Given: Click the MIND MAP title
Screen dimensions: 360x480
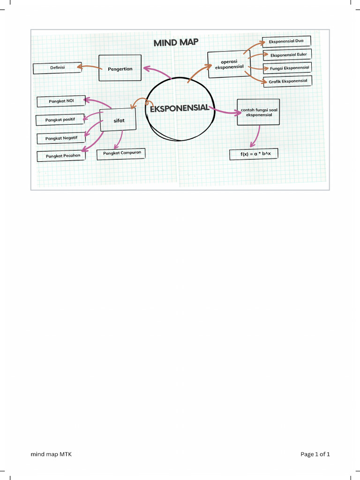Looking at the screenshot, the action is click(176, 43).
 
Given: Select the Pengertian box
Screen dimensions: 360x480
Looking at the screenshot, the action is click(120, 68).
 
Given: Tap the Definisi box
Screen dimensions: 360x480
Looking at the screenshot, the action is click(57, 68).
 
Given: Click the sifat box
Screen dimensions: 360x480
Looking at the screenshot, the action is click(119, 120).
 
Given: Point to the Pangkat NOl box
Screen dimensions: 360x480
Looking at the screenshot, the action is click(61, 101).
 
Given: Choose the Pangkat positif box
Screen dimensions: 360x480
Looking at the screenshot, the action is click(60, 120).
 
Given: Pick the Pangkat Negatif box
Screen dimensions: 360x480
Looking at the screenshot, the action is click(61, 138).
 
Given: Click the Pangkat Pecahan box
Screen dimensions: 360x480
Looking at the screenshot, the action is click(62, 156).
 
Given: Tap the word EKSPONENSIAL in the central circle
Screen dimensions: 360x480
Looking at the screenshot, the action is click(179, 108).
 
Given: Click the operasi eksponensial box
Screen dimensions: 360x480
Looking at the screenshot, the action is click(229, 64).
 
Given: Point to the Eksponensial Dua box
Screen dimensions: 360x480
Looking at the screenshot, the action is click(286, 41).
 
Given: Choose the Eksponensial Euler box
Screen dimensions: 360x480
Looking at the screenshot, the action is click(288, 55).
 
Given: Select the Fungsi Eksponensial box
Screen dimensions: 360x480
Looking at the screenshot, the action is click(288, 68).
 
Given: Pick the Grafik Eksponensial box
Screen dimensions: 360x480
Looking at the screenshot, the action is click(288, 82).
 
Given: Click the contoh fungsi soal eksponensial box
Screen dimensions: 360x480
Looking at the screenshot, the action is click(258, 112).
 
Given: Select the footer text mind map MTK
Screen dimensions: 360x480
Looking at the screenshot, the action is click(51, 454).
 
